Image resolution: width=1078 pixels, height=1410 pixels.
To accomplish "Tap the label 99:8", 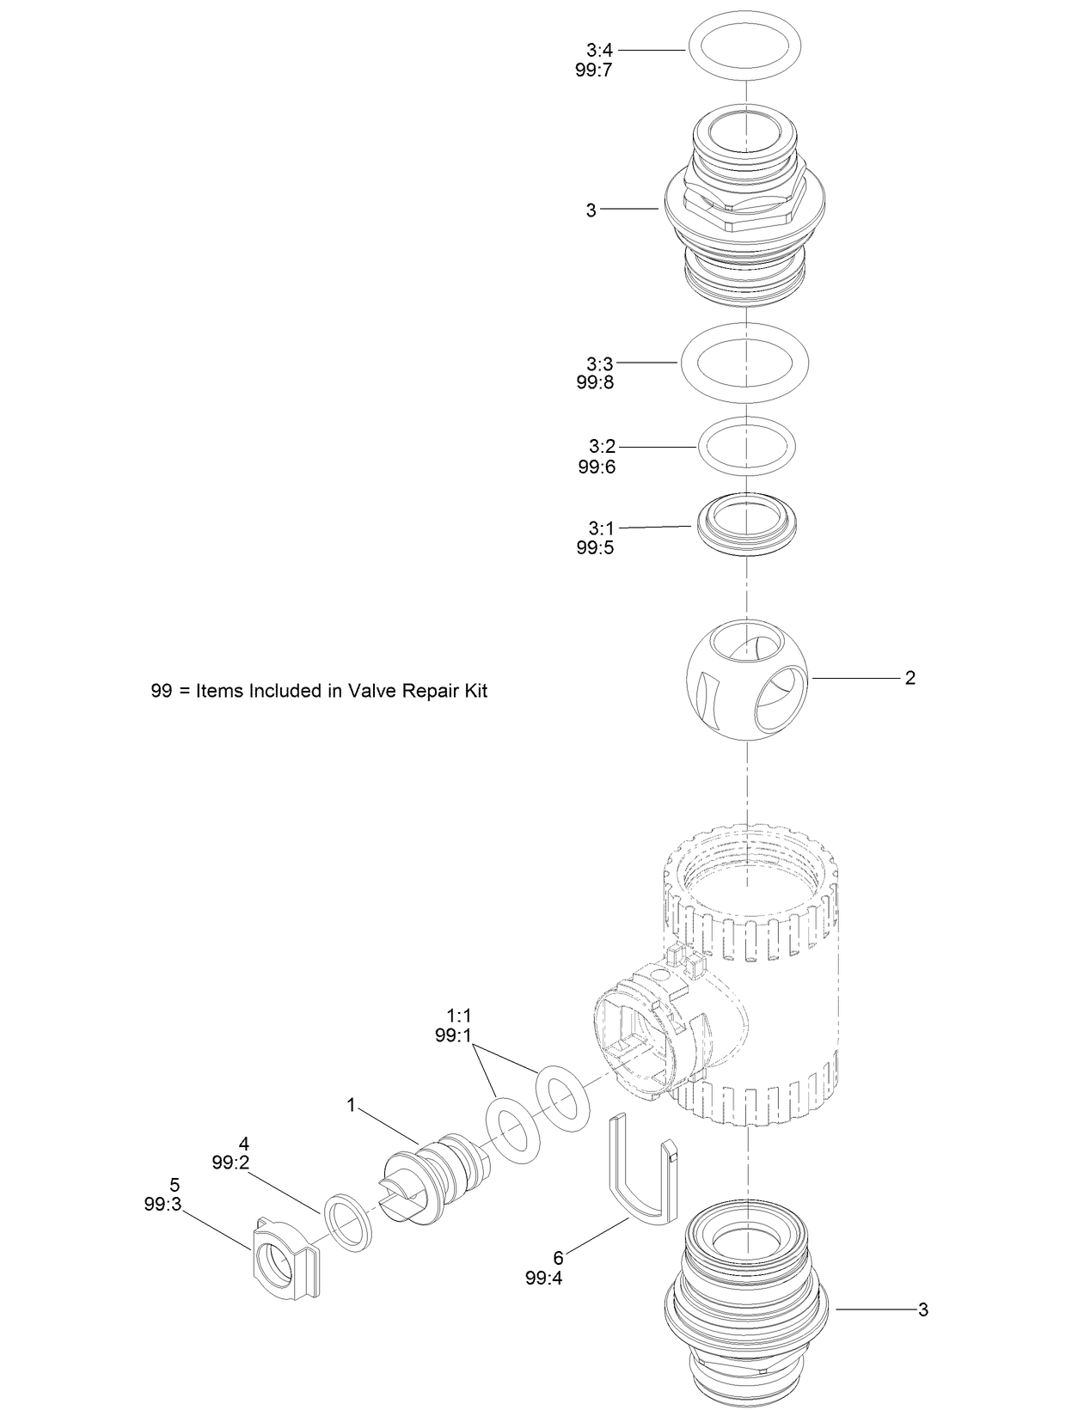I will tap(595, 383).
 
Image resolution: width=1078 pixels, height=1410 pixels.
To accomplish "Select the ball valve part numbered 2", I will tap(747, 679).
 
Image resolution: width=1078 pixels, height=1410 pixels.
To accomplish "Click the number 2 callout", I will tap(910, 678).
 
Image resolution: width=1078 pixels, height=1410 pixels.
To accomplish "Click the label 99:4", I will tap(543, 1278).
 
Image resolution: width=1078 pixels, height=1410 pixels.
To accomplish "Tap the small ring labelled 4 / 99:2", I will tap(348, 1220).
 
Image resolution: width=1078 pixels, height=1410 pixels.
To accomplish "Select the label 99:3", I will tap(162, 1205).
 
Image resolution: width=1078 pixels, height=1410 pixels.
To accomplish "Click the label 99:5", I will tap(595, 548).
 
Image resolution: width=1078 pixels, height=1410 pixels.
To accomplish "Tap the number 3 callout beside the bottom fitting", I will tap(922, 1309).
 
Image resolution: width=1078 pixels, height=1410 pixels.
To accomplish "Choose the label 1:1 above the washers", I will tap(458, 1016).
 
